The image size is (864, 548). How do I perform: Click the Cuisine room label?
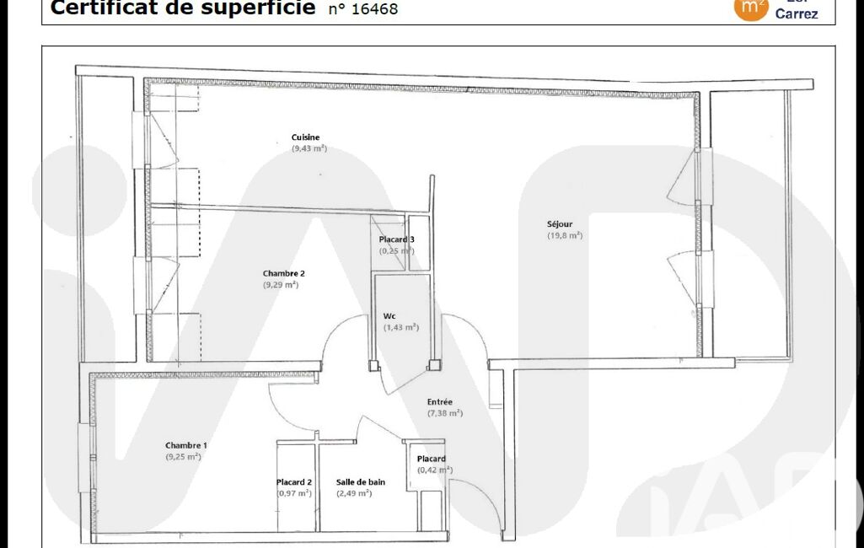click(x=305, y=137)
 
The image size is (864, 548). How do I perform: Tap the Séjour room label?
click(x=559, y=224)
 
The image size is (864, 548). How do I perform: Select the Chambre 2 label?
click(x=283, y=273)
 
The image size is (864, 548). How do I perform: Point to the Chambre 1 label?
click(x=185, y=445)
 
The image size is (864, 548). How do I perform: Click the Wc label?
click(x=389, y=316)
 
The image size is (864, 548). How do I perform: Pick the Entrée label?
click(x=440, y=402)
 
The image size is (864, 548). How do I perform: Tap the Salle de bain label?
click(x=361, y=482)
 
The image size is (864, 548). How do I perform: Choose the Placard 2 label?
click(x=294, y=482)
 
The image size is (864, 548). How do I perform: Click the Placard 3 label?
click(x=396, y=239)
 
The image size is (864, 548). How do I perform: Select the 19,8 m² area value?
click(x=564, y=236)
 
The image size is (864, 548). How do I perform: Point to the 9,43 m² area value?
click(x=309, y=148)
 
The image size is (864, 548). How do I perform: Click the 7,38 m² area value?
click(x=444, y=414)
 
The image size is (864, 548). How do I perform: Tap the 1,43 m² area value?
click(x=401, y=327)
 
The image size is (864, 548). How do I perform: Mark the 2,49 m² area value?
click(x=354, y=493)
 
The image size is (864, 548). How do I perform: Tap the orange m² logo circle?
click(x=750, y=8)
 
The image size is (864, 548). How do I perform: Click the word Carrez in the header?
click(x=796, y=13)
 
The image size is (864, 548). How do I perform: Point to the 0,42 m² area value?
click(x=435, y=470)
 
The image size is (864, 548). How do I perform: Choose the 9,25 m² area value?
click(x=183, y=457)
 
